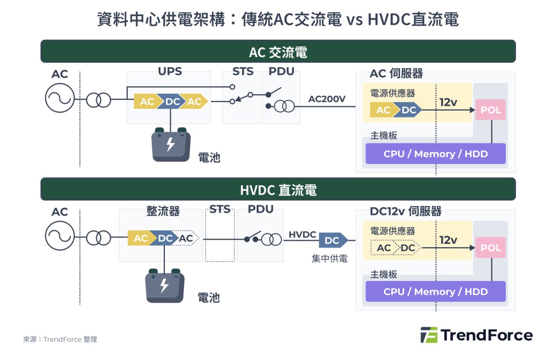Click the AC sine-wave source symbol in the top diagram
click(x=60, y=98)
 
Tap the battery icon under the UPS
click(x=171, y=145)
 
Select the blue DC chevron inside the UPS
click(x=172, y=102)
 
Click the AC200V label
click(x=327, y=99)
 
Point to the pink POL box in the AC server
click(x=491, y=110)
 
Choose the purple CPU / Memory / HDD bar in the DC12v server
click(x=436, y=292)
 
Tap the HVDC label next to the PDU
click(x=302, y=234)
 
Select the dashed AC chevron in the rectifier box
click(x=186, y=238)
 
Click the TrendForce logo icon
click(x=429, y=335)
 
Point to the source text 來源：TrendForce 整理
click(x=60, y=339)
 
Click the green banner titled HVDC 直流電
click(x=278, y=189)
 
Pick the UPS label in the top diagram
click(x=170, y=71)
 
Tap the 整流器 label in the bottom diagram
click(x=163, y=211)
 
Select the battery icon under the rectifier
click(x=165, y=286)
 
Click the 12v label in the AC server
click(x=448, y=102)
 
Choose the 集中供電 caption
click(x=330, y=258)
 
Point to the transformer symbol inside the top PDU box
click(x=285, y=106)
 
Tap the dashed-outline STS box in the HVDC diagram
click(x=220, y=235)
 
